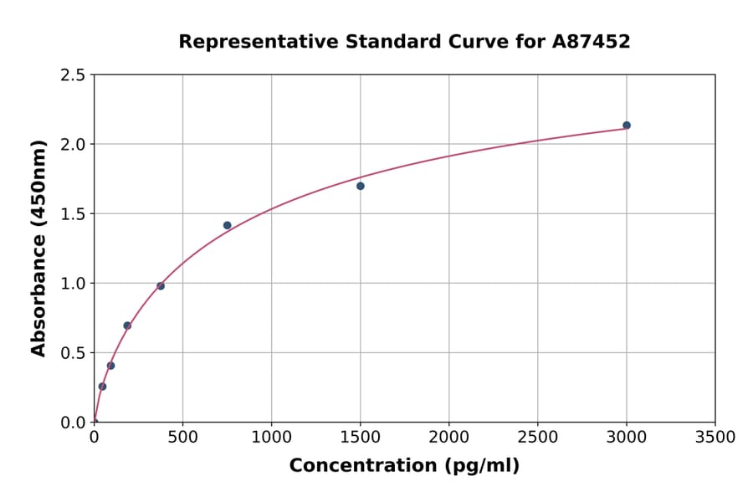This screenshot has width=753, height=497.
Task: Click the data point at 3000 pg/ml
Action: click(627, 126)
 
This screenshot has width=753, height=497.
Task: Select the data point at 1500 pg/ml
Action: click(361, 186)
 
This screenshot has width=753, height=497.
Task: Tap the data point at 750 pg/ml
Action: click(228, 225)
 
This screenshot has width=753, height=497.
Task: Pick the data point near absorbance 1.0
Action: click(161, 286)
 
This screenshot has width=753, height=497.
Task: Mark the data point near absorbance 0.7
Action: click(127, 325)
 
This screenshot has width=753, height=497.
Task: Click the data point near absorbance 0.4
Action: click(110, 366)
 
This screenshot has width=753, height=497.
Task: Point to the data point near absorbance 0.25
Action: click(102, 387)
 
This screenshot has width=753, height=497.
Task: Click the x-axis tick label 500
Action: click(182, 438)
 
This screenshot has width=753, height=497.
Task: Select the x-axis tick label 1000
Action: click(271, 438)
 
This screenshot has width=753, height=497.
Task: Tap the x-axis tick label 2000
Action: click(449, 438)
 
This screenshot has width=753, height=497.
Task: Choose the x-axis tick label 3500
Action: click(715, 438)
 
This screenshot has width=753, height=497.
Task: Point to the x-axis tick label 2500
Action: click(538, 438)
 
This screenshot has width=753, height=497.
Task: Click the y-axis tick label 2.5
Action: click(73, 75)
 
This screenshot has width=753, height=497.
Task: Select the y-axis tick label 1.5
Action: click(73, 214)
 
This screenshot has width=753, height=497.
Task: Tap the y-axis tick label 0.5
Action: click(73, 353)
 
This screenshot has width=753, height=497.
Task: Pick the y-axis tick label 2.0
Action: click(73, 145)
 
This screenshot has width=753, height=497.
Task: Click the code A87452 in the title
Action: click(591, 42)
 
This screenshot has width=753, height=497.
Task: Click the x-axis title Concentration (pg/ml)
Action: click(404, 466)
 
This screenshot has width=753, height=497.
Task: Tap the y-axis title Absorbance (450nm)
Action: click(38, 248)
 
